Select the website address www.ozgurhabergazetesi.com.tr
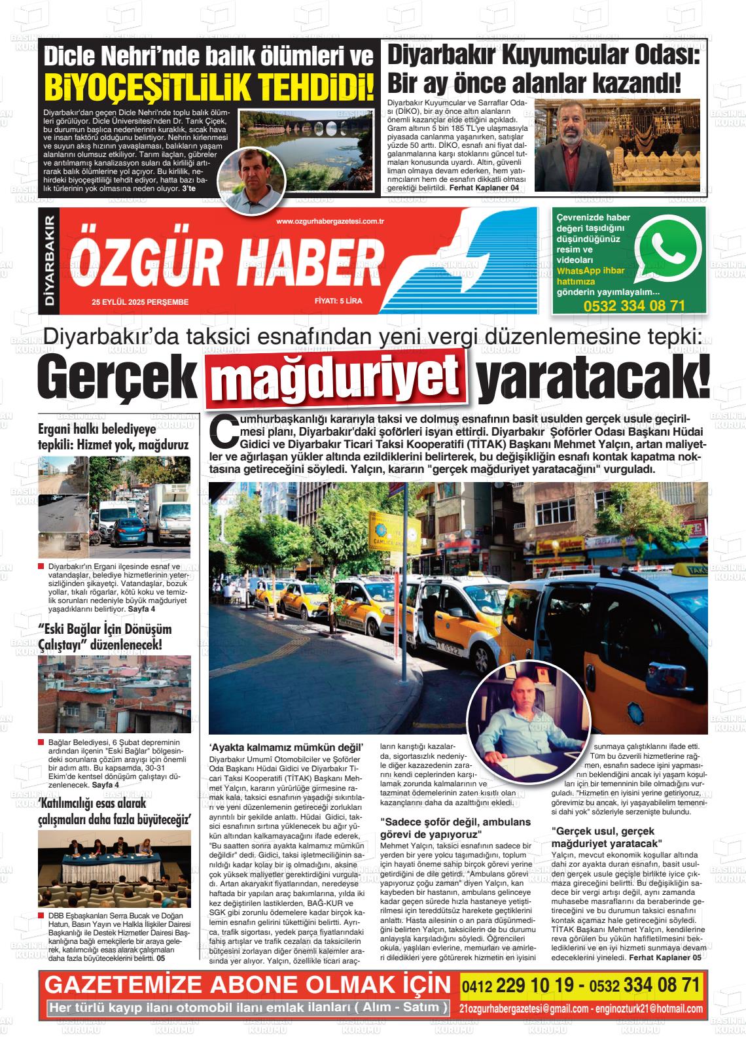pos(330,222)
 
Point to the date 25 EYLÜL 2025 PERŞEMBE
pos(140,302)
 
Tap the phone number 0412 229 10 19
pos(521,985)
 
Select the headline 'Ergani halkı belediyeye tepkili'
pos(113,436)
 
